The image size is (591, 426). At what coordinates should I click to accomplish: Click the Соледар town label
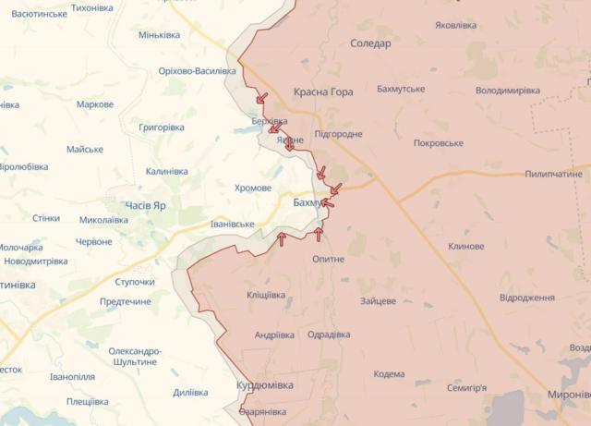[371, 43]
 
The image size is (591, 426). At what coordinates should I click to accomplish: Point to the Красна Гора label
[323, 92]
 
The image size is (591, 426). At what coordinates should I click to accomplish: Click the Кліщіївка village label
[266, 295]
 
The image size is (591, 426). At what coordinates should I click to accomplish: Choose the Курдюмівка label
[265, 384]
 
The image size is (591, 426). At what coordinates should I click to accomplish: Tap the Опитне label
[328, 259]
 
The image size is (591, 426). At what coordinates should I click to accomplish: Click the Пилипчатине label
[554, 174]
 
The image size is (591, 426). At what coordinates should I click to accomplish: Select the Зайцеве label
[378, 301]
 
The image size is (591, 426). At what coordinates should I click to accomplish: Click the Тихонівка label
[91, 7]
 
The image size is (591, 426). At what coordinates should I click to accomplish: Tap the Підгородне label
[338, 134]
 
